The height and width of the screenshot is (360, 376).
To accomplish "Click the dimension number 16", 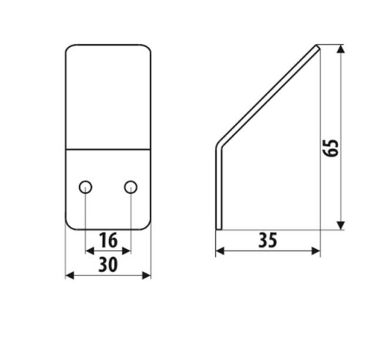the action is (108, 240).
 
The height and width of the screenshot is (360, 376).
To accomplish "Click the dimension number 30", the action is (108, 264).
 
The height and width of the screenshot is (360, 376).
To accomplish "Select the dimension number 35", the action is (268, 240).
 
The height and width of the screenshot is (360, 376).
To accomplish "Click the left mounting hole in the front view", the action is (85, 187).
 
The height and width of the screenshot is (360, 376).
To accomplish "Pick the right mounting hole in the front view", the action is (131, 187).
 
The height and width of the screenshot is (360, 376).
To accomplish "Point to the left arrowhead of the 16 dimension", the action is (90, 251).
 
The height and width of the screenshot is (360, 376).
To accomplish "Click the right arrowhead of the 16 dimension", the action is (126, 251).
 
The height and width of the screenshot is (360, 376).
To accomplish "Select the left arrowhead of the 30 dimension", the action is (70, 276).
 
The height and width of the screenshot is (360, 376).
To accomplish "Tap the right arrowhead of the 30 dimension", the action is (146, 276).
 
